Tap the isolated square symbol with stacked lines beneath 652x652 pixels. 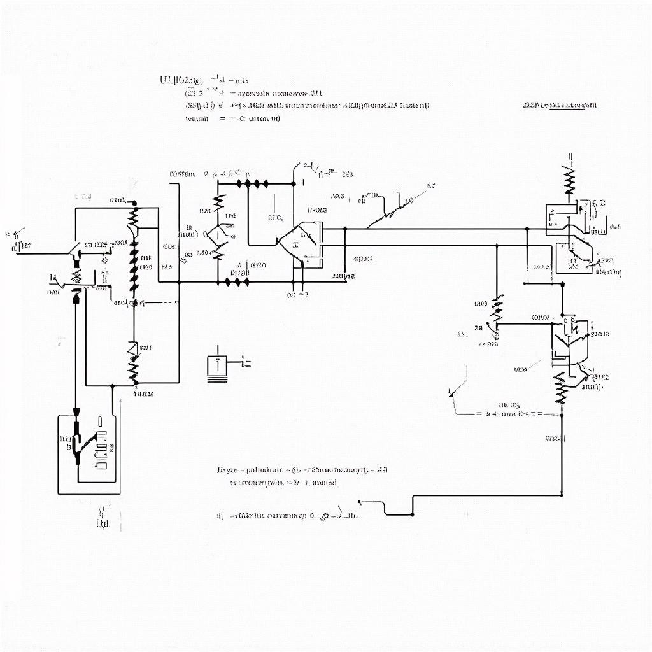[x=217, y=366]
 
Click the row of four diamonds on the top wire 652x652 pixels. [x=252, y=183]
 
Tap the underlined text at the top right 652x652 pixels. [x=560, y=105]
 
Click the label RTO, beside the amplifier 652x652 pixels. [x=274, y=218]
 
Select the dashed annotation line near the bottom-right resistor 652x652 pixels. [x=509, y=413]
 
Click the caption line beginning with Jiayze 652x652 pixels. [x=302, y=471]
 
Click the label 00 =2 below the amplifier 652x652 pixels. [x=298, y=295]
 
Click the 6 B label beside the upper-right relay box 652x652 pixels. [x=598, y=203]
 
